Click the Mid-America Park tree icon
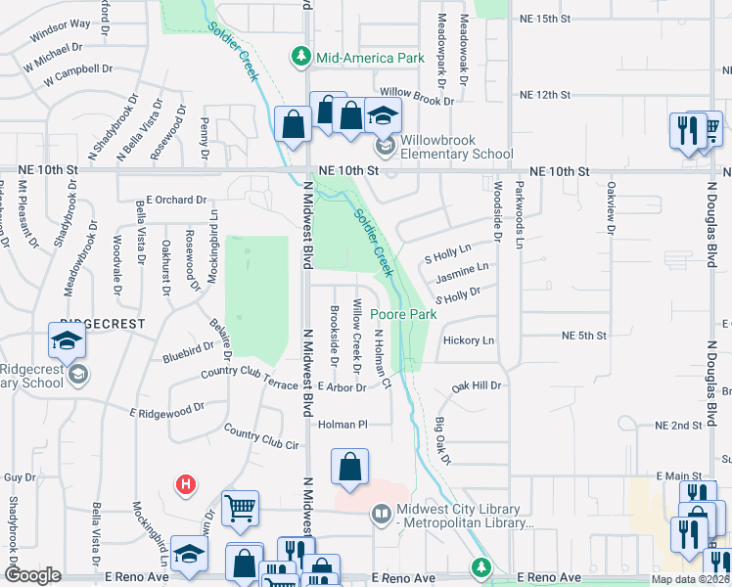[302, 58]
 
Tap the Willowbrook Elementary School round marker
[386, 147]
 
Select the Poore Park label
[402, 315]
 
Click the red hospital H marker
[183, 483]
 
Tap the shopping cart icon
[240, 507]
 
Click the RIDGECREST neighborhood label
[103, 323]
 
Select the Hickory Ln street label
[469, 340]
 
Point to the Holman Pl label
[342, 425]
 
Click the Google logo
[32, 575]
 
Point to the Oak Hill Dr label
[476, 386]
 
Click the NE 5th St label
[585, 336]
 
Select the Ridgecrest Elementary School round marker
[77, 375]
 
